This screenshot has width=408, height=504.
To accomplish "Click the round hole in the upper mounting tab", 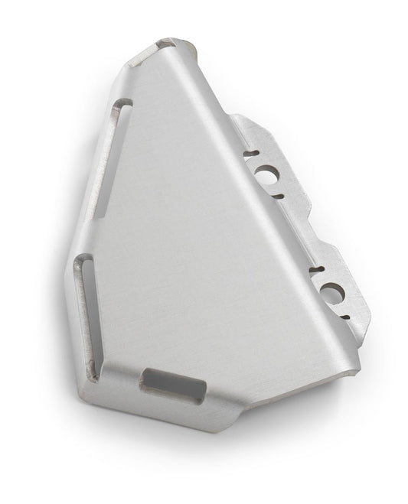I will point(268,174).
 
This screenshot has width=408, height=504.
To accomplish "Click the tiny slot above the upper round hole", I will point(250,154).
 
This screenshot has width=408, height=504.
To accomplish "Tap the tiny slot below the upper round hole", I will point(278,196).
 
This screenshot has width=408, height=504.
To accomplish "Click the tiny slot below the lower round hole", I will point(345,315).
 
